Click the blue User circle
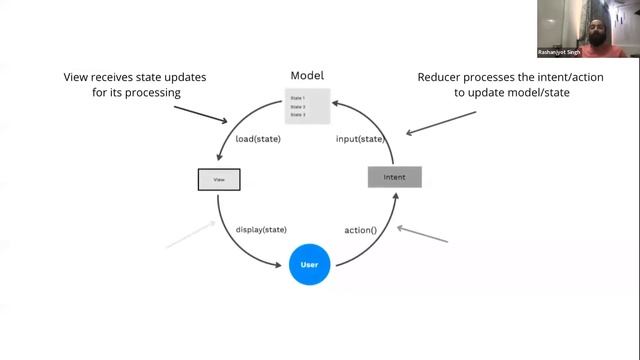[309, 265]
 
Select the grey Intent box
[394, 178]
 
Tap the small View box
[219, 181]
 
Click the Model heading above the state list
[307, 76]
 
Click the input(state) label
[359, 139]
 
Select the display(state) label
[264, 229]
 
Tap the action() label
[360, 229]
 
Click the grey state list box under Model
[308, 107]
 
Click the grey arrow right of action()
[422, 234]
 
